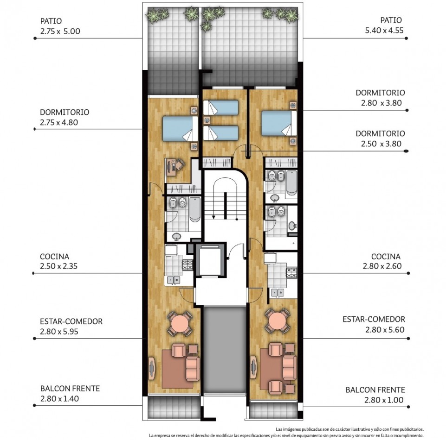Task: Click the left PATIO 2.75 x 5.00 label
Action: (60, 26)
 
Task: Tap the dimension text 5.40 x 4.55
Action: (384, 31)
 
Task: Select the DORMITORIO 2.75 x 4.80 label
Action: (65, 117)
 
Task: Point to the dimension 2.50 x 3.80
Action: (381, 144)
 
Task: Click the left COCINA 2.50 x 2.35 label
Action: (58, 261)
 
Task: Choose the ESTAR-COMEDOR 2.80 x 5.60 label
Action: (374, 324)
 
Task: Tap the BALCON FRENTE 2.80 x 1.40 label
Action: (70, 393)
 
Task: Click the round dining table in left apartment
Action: (180, 323)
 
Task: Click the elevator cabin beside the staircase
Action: (211, 261)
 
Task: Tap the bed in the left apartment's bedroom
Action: (180, 129)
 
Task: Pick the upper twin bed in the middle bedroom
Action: (221, 107)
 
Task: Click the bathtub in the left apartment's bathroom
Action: (195, 209)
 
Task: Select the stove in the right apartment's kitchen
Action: (291, 272)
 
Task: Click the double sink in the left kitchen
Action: (173, 280)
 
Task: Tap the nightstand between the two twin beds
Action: (207, 120)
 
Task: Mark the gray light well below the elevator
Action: (225, 350)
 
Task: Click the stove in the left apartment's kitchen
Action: (187, 264)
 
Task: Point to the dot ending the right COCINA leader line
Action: (408, 273)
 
